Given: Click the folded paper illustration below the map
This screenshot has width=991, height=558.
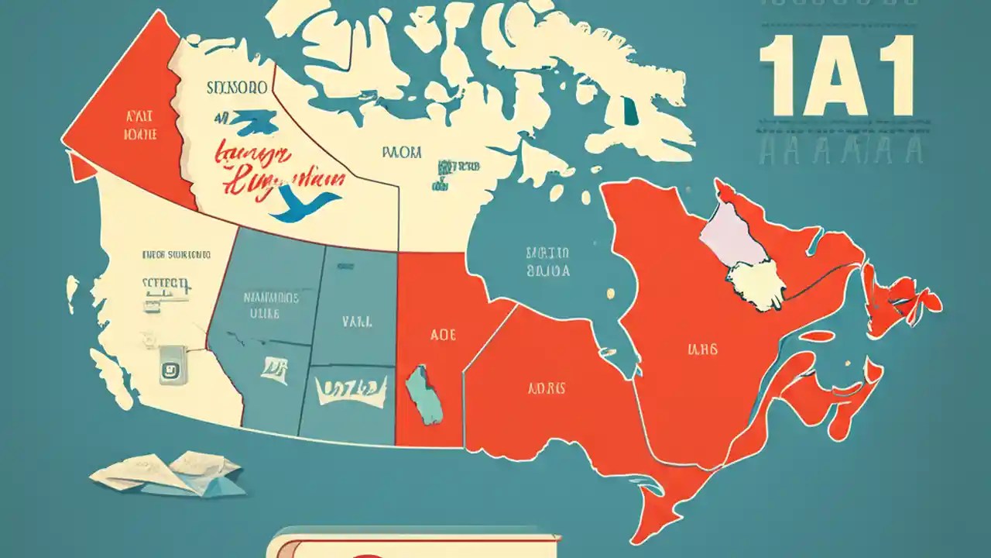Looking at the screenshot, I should tap(169, 473).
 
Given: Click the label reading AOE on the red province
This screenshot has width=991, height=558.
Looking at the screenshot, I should tap(442, 335).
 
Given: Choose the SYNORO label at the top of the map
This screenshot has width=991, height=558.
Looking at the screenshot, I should tap(237, 88).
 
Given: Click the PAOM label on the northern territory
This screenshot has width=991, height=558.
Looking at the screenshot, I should tap(402, 153).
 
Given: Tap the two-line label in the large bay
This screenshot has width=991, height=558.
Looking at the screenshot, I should tap(547, 263).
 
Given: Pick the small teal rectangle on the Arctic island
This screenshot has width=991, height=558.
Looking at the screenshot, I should tap(632, 113).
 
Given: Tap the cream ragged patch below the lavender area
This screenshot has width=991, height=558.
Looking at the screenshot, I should tap(755, 283).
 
